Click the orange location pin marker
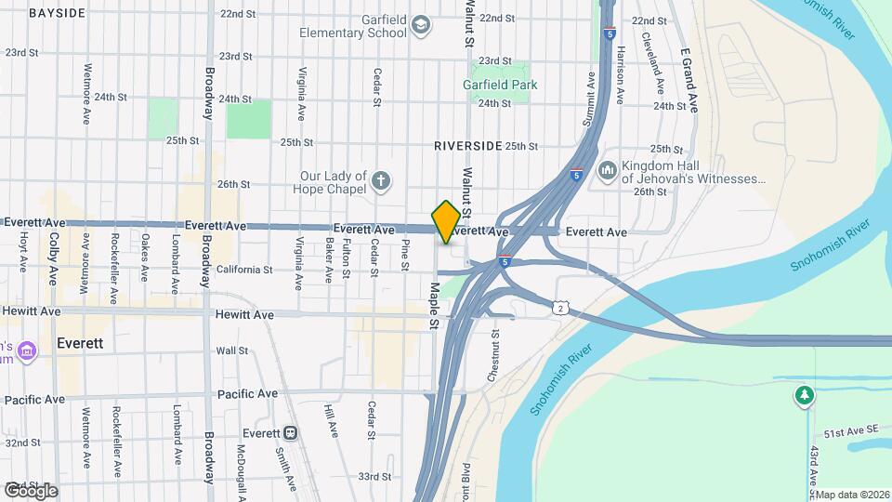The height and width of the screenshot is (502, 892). (x=446, y=221)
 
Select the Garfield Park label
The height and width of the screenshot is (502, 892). (x=500, y=85)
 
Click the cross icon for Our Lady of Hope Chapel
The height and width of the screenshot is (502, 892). (x=380, y=179)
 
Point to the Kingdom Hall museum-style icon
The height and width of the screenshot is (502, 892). (x=608, y=170)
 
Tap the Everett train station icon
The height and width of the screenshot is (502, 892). (x=291, y=433)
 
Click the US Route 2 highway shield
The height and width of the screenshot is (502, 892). (x=559, y=307)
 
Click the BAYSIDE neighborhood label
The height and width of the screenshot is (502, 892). (x=57, y=13)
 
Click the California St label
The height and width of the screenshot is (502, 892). (x=244, y=271)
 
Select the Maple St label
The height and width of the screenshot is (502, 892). (x=433, y=306)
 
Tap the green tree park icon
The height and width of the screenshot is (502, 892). (x=804, y=397)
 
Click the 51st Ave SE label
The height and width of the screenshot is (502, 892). (x=850, y=434)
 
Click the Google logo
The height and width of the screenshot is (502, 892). (x=31, y=490)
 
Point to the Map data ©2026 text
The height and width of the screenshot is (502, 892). (x=853, y=495)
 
